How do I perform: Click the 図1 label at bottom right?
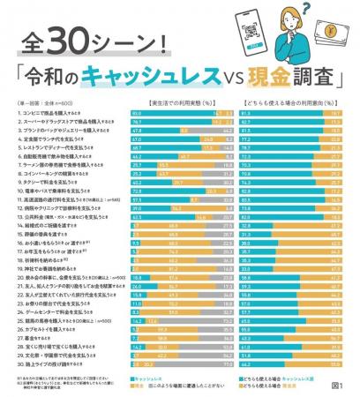[341, 384]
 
